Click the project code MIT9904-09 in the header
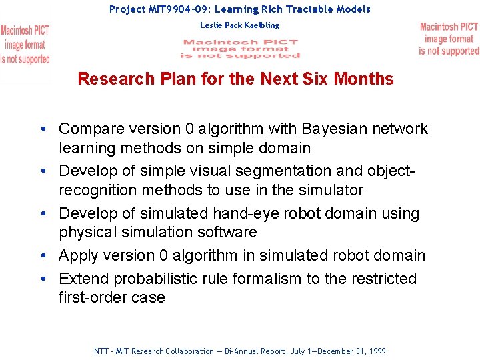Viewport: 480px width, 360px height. (x=177, y=9)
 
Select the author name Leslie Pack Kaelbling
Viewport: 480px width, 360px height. (x=240, y=25)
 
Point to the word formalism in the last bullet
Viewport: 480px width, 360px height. (x=266, y=279)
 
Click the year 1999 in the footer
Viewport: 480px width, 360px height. (x=377, y=351)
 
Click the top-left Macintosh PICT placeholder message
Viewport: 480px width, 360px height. (x=25, y=45)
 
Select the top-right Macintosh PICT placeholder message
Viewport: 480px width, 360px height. (x=449, y=39)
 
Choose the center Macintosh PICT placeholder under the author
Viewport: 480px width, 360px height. (x=241, y=49)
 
